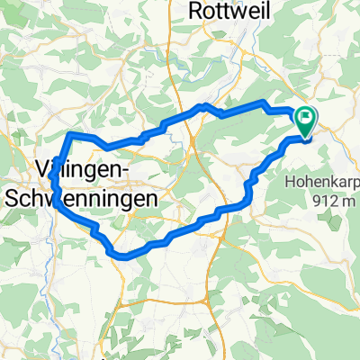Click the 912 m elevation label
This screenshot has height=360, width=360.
pyautogui.click(x=334, y=200)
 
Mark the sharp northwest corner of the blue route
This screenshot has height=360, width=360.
pyautogui.click(x=69, y=134)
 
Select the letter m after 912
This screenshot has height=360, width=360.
pyautogui.click(x=350, y=200)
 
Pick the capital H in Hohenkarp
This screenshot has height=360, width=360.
pyautogui.click(x=290, y=180)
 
